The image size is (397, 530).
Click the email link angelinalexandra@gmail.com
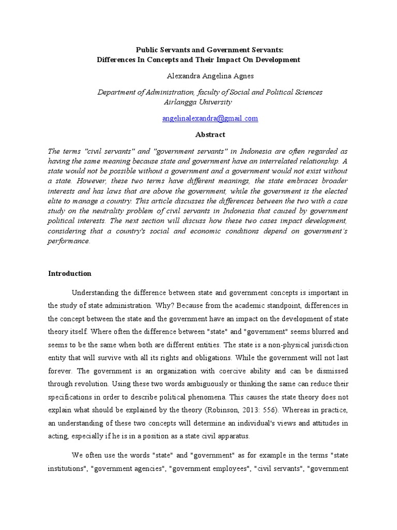pyautogui.click(x=210, y=119)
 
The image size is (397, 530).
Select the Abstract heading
pyautogui.click(x=210, y=135)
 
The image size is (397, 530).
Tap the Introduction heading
pyautogui.click(x=70, y=273)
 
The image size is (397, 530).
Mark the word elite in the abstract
pyautogui.click(x=57, y=201)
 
